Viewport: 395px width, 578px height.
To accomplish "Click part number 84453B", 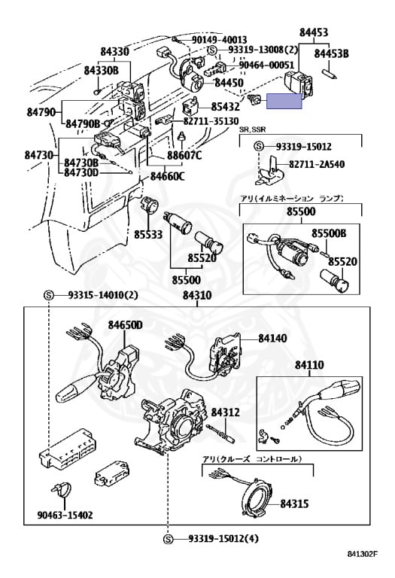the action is click(x=331, y=54).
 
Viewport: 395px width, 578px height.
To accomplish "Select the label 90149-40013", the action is click(x=219, y=40).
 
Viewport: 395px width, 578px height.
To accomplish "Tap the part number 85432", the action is click(x=225, y=107).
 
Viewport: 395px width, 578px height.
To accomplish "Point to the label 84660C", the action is click(x=167, y=177).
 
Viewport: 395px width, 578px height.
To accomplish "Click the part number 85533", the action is click(x=148, y=234).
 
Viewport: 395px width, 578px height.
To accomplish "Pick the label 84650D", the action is click(x=125, y=325).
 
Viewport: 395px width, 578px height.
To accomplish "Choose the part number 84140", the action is click(x=272, y=338).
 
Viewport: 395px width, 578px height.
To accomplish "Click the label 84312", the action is click(x=225, y=412).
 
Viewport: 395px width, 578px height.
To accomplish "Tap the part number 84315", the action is click(x=294, y=503).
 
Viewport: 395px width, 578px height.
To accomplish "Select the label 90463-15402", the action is click(x=65, y=515).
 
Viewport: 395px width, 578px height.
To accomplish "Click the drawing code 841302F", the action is click(x=363, y=554).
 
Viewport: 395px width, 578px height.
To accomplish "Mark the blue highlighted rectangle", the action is click(x=284, y=101).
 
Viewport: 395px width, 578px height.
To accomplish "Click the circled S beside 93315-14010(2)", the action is click(x=49, y=295).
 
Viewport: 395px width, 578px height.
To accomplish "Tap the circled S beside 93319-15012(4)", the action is click(x=168, y=539).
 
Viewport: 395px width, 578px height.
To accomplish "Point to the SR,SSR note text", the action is click(x=252, y=129).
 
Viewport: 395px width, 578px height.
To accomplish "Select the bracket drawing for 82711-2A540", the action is click(x=269, y=172).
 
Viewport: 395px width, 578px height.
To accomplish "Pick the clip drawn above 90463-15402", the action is click(x=61, y=489).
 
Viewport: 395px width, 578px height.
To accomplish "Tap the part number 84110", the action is click(x=309, y=365).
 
